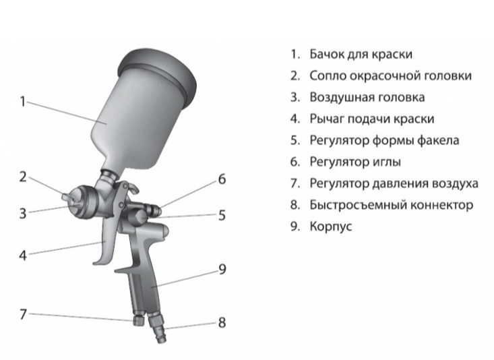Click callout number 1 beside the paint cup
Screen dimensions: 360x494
(x=22, y=102)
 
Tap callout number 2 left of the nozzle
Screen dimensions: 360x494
(x=22, y=177)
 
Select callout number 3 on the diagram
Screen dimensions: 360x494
(x=22, y=214)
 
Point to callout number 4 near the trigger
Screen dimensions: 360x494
(x=22, y=256)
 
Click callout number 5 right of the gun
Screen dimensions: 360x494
(x=221, y=216)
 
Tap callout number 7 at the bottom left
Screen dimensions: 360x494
(x=22, y=314)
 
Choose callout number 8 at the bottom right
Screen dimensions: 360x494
(x=221, y=322)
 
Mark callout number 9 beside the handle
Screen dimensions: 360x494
(x=221, y=270)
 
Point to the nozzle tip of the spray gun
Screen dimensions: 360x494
(x=65, y=198)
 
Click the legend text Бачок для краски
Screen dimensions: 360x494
(x=361, y=54)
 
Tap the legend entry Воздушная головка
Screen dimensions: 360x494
(x=367, y=97)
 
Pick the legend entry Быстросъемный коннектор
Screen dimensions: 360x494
(x=391, y=205)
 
